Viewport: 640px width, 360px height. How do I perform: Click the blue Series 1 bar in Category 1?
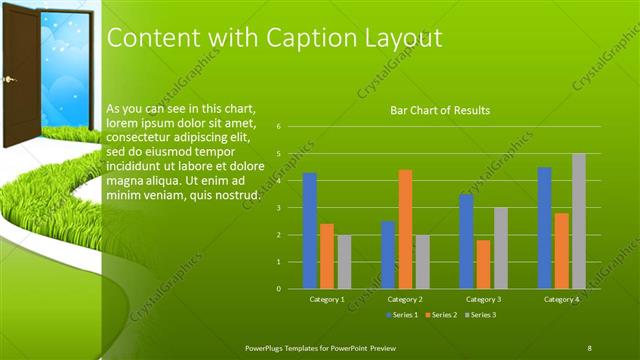coord(310,231)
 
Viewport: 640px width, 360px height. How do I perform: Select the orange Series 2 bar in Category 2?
coord(405,229)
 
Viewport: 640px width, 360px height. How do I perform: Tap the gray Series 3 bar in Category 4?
coord(578,221)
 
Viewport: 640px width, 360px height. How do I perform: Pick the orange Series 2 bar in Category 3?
coord(484,264)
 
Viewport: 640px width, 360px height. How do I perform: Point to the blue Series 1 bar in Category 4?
coord(544,228)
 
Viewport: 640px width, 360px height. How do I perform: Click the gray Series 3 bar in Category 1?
coord(344,262)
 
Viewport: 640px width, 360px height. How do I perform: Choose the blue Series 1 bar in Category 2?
coord(388,255)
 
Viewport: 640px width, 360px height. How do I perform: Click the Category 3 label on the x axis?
coord(484,299)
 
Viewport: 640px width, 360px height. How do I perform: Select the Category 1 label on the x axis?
coord(327,299)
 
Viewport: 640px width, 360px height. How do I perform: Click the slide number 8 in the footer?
coord(590,347)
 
